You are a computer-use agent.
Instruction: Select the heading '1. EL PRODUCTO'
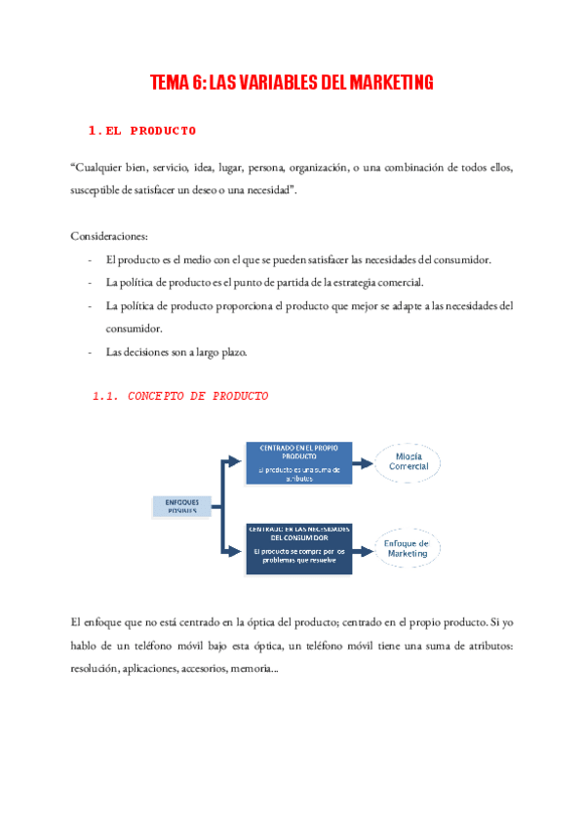pyautogui.click(x=142, y=130)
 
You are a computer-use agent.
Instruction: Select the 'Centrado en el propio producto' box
pyautogui.click(x=299, y=462)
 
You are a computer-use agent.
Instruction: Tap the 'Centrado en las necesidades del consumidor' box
pyautogui.click(x=299, y=548)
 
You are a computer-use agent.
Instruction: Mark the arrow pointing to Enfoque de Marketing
pyautogui.click(x=363, y=549)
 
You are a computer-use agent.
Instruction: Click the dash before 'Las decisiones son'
pyautogui.click(x=90, y=352)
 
